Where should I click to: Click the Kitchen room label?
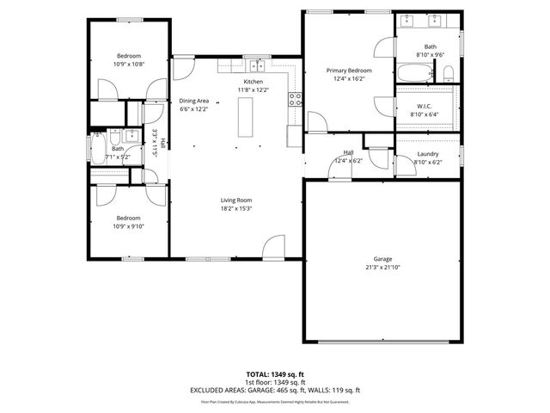click(x=253, y=81)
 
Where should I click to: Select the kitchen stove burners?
click(x=294, y=99)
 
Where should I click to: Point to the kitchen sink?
click(x=255, y=65)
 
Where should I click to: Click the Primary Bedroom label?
click(x=348, y=71)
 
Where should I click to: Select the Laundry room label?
click(x=427, y=154)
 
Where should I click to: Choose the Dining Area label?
click(x=193, y=101)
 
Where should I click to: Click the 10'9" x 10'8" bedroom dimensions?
click(x=128, y=64)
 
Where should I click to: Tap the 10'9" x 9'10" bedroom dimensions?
click(x=128, y=226)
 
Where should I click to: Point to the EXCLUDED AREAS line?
click(x=275, y=390)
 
